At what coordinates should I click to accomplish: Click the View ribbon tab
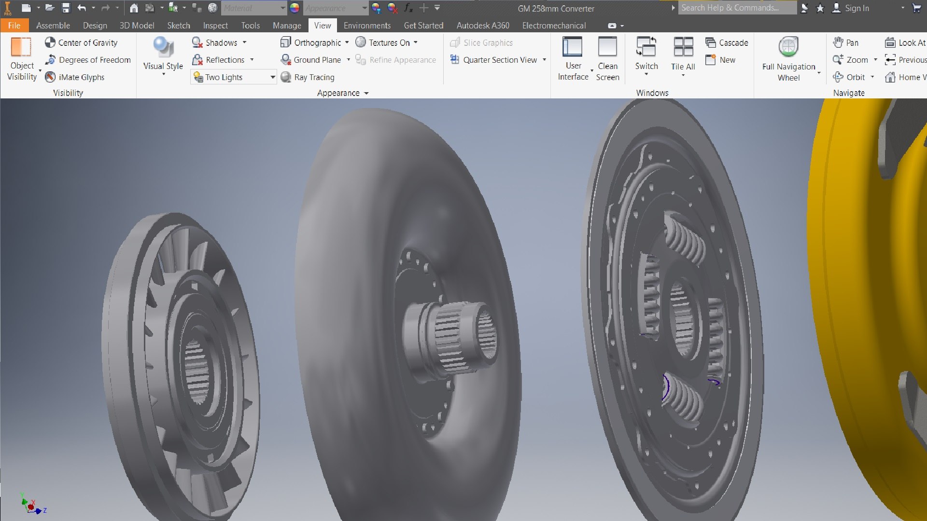(x=322, y=26)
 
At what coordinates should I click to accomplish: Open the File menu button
(x=14, y=26)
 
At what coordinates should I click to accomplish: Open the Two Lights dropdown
(x=272, y=77)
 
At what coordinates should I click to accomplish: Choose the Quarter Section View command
(x=499, y=60)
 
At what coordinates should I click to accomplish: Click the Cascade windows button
(x=727, y=42)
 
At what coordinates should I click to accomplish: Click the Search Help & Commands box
(x=736, y=8)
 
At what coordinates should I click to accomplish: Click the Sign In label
(x=857, y=8)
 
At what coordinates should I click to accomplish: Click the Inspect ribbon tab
(x=215, y=26)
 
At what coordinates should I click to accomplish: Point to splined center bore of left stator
(x=197, y=371)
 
